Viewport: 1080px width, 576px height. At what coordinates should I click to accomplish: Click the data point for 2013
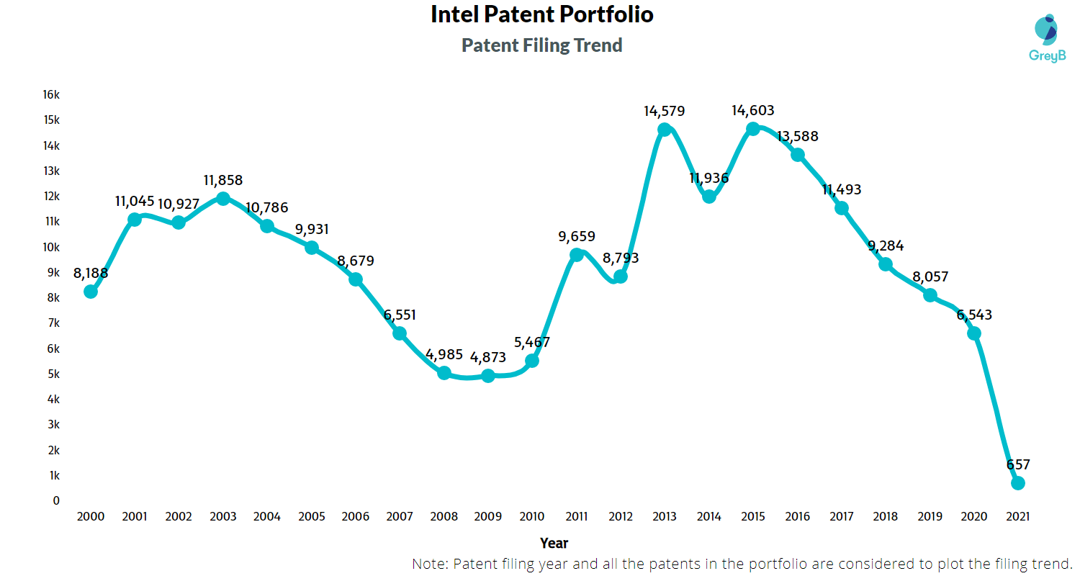click(x=665, y=130)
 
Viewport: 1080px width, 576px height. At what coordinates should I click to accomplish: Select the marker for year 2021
click(x=1018, y=483)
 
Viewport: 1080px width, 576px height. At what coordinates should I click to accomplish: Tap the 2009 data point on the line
click(x=488, y=376)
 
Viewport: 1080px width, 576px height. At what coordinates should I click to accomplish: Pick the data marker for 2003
click(x=223, y=199)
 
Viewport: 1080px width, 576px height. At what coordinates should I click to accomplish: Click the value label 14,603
click(x=753, y=111)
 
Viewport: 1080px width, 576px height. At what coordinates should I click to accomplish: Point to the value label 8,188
click(x=91, y=274)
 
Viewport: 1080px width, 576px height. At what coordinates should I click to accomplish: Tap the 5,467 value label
click(x=533, y=343)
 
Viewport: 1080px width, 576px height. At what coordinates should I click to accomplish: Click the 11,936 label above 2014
click(x=709, y=179)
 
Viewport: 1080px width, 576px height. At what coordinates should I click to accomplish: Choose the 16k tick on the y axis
click(x=50, y=95)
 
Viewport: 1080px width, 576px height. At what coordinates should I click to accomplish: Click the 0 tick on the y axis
click(x=56, y=500)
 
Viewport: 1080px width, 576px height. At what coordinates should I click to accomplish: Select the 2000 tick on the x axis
click(x=91, y=516)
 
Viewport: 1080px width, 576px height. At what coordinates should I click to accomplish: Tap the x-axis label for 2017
click(x=841, y=516)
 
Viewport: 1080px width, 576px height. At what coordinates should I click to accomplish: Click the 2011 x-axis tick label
click(x=576, y=516)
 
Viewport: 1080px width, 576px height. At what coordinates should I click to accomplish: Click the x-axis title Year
click(x=554, y=543)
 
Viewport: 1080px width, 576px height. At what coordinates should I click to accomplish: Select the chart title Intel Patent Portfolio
click(x=541, y=14)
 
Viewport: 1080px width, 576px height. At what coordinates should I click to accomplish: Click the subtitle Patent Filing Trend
click(x=541, y=45)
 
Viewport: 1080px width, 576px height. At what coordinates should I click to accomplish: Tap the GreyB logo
click(x=1045, y=36)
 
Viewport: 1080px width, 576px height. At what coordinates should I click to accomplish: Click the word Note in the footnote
click(x=429, y=563)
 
